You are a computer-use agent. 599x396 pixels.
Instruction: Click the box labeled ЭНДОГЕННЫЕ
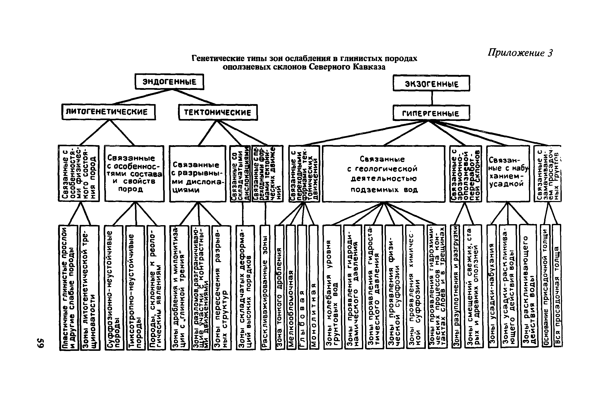[169, 82]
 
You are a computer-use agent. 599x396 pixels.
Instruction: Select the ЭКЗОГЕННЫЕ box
[431, 83]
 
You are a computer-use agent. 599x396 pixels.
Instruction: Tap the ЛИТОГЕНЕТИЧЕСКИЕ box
[108, 112]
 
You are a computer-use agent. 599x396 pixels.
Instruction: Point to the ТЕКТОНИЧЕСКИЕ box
[218, 112]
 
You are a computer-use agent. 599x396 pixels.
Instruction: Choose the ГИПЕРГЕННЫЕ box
[431, 113]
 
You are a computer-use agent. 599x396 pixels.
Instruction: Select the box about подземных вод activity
[384, 174]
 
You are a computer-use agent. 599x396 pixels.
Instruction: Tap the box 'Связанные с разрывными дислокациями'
[197, 174]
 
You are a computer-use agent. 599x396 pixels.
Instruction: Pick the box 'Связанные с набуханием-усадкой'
[508, 174]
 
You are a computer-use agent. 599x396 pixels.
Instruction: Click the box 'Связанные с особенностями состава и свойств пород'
[134, 174]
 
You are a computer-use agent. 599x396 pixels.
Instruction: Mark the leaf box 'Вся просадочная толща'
[557, 286]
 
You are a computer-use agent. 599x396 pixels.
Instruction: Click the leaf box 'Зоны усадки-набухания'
[492, 286]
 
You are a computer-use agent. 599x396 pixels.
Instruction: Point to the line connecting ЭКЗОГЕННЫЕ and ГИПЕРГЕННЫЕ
[432, 98]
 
